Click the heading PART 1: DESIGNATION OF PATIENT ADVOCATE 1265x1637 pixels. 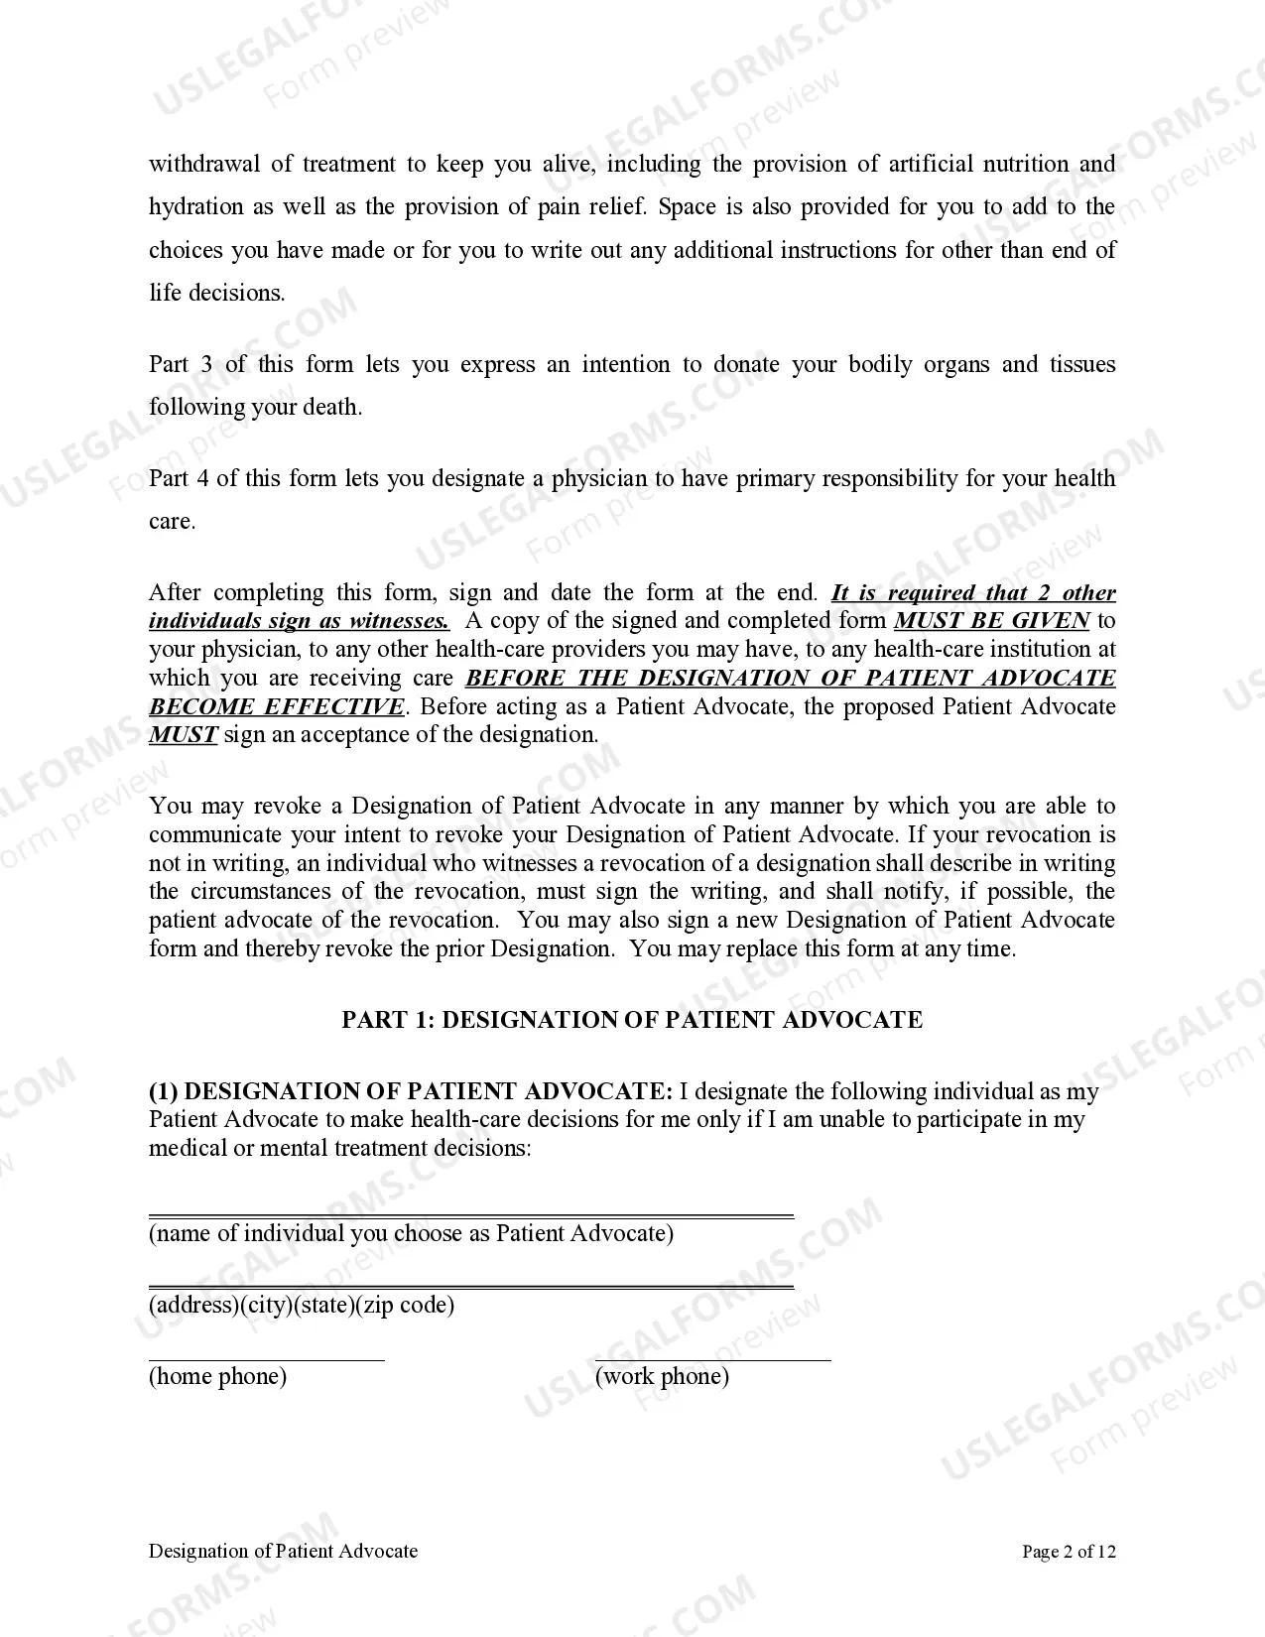632,1020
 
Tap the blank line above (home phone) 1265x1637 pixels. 266,1360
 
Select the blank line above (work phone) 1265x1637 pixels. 712,1360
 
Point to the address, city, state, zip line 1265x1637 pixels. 471,1287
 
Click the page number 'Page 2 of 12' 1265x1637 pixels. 1069,1551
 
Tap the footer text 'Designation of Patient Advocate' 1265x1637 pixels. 283,1551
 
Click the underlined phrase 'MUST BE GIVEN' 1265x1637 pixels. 991,621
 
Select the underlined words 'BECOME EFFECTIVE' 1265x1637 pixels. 277,706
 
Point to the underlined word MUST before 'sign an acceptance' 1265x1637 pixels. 183,735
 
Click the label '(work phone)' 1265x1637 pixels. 662,1376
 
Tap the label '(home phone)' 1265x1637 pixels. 217,1376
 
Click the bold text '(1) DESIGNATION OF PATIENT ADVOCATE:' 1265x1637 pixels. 410,1091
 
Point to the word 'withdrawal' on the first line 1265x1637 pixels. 203,164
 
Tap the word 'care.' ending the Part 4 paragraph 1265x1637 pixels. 172,522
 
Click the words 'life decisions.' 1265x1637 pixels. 216,293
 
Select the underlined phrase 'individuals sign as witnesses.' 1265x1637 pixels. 299,621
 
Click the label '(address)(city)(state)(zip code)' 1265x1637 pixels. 302,1305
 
